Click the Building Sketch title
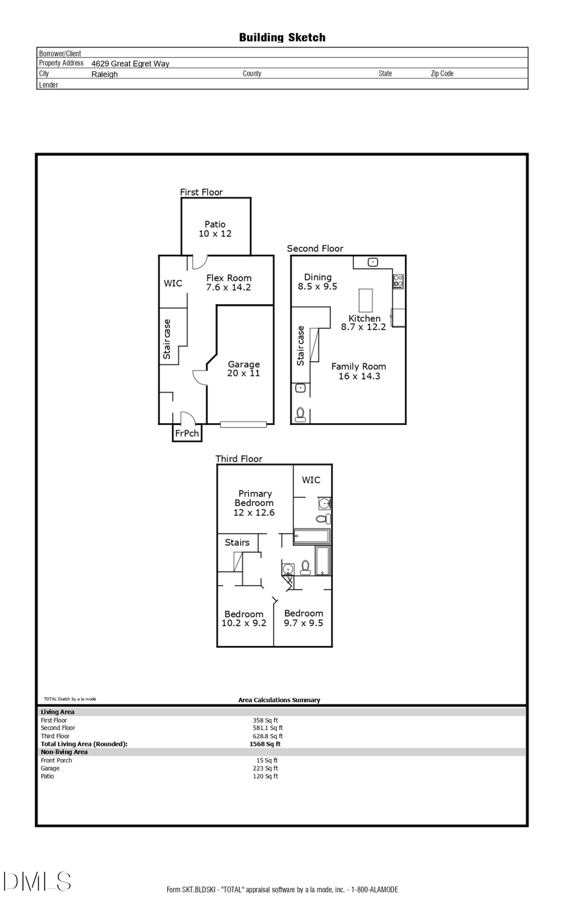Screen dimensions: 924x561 [x=282, y=37]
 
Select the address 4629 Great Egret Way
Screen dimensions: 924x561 [x=130, y=64]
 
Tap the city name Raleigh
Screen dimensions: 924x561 [x=105, y=74]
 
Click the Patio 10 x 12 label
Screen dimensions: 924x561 [x=215, y=229]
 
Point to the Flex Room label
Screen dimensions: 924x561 [x=229, y=282]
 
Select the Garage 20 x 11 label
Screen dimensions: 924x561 [x=243, y=368]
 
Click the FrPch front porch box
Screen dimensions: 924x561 [x=187, y=433]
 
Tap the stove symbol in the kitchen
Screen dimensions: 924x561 [x=398, y=282]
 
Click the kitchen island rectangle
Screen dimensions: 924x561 [x=365, y=300]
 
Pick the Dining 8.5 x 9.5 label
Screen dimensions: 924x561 [x=317, y=282]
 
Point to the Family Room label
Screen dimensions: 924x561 [x=358, y=371]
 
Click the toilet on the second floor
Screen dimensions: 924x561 [x=300, y=414]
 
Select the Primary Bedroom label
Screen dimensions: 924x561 [x=254, y=502]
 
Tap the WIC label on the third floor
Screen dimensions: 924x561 [x=311, y=480]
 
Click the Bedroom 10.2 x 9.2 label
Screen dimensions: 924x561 [x=244, y=618]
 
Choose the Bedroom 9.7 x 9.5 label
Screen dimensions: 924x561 [x=304, y=617]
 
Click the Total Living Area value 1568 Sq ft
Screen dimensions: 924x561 [x=265, y=744]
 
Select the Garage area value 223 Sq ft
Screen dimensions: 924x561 [x=266, y=768]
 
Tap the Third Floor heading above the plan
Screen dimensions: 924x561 [x=239, y=459]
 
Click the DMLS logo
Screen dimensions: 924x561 [x=37, y=882]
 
